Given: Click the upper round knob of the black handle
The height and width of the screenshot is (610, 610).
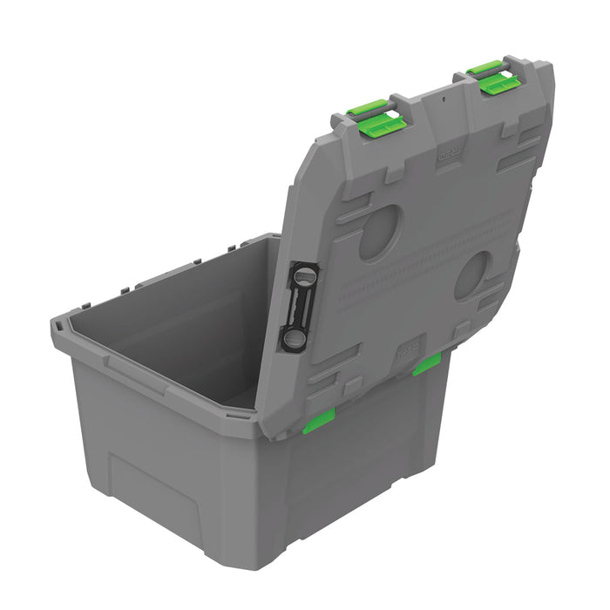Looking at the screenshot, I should [303, 276].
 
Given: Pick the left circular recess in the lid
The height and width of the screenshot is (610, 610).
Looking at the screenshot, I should [380, 232].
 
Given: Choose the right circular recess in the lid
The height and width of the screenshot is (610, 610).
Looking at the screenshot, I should [473, 275].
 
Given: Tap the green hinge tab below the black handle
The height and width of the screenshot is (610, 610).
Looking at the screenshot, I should [319, 421].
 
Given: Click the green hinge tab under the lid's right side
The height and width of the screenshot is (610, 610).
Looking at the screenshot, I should [426, 364].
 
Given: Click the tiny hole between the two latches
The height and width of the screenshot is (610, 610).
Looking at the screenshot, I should [442, 98].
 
